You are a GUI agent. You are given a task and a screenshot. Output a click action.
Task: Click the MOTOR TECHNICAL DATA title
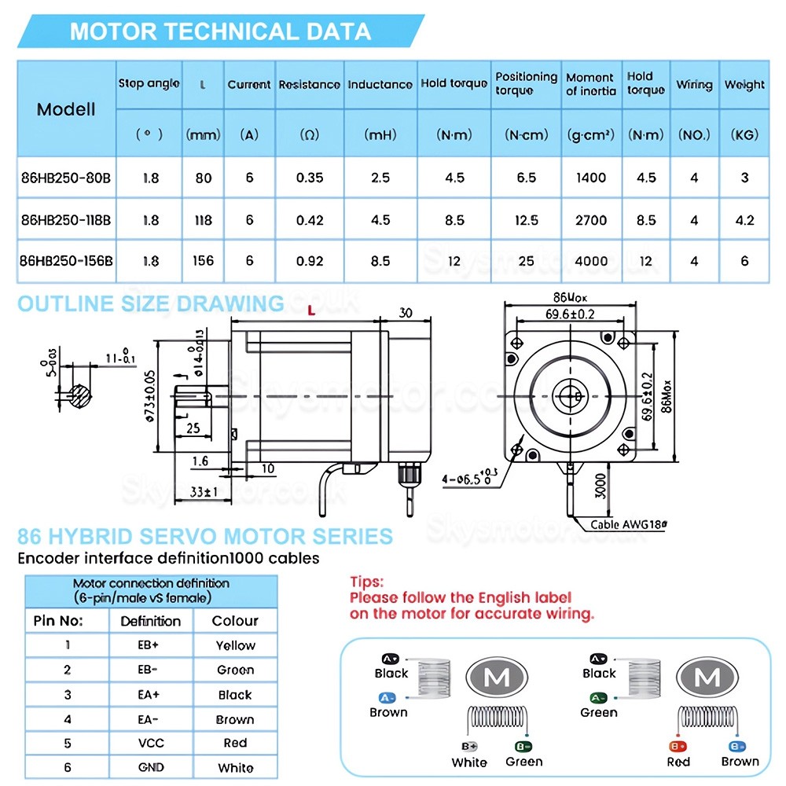tap(220, 31)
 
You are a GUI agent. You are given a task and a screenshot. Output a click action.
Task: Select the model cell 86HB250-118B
tap(66, 220)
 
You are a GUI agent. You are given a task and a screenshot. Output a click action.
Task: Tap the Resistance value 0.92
tap(310, 260)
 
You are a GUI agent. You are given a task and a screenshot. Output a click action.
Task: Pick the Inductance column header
tap(380, 84)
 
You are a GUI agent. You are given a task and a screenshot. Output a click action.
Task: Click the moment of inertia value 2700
tap(591, 220)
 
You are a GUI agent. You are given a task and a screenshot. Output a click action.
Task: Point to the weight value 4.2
tap(744, 220)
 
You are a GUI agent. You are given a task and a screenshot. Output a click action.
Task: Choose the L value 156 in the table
tap(204, 260)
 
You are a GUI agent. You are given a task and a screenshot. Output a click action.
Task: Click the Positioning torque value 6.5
tap(526, 178)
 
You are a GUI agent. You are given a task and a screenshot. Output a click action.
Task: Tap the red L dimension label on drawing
tap(311, 311)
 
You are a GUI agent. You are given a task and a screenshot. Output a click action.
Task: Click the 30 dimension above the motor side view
tap(406, 312)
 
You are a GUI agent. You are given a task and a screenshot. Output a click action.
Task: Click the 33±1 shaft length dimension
tap(204, 492)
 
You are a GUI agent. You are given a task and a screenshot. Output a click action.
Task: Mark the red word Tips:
tap(367, 582)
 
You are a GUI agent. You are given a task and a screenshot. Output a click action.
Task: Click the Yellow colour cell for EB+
tap(235, 645)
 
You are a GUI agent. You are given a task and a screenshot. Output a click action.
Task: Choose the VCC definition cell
tap(150, 743)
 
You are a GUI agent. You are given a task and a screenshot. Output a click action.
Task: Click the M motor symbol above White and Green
tap(498, 678)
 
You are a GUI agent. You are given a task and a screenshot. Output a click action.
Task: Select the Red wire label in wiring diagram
tap(678, 761)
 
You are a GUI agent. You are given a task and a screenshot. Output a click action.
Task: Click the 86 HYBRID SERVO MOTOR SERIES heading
tap(205, 537)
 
